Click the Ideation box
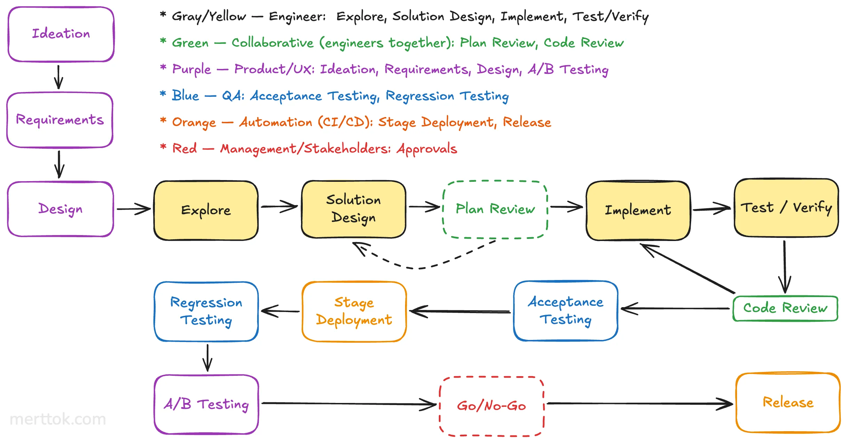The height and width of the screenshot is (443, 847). [61, 34]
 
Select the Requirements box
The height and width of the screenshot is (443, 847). [60, 120]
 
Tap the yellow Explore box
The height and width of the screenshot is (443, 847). [206, 210]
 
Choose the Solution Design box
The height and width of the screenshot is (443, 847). [354, 209]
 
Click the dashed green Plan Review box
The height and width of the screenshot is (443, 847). [495, 209]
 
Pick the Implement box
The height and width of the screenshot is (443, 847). [638, 210]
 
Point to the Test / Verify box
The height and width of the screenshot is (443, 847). [786, 208]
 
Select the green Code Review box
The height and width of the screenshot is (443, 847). [785, 308]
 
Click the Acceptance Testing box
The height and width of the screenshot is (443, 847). [565, 311]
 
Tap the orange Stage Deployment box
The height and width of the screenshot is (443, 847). [354, 311]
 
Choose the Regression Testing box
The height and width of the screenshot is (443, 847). [206, 311]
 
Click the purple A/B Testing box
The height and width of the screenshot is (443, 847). [206, 404]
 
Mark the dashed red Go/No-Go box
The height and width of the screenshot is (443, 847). [491, 406]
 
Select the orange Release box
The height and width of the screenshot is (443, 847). [788, 403]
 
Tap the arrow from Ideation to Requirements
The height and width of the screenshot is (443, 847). [58, 77]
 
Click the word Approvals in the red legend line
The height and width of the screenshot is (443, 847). [427, 149]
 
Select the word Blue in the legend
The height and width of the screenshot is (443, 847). [185, 95]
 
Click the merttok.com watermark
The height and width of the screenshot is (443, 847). [58, 419]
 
